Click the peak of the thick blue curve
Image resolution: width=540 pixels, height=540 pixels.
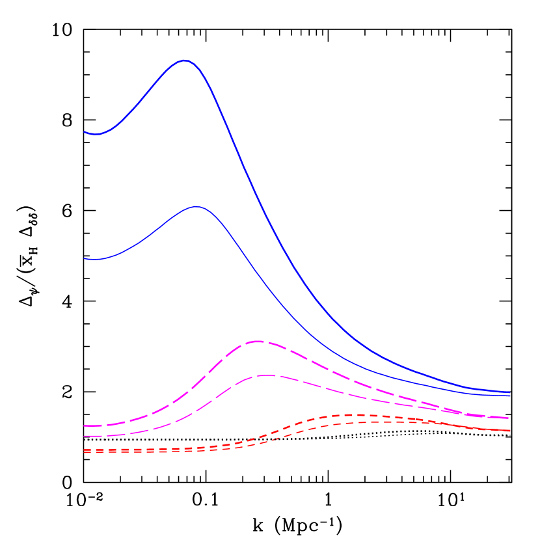point(185,60)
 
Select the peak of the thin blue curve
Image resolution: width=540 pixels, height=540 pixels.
point(196,207)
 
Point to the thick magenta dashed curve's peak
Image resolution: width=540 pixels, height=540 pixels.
point(258,341)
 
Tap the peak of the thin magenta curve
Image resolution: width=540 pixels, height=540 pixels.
point(266,375)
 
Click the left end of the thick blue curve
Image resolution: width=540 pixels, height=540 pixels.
point(84,132)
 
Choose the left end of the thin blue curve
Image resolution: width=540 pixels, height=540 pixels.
point(84,259)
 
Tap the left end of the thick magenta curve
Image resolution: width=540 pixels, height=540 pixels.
point(84,425)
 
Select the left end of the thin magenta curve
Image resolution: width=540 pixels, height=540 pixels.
point(84,436)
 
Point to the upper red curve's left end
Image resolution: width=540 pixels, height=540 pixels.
point(84,450)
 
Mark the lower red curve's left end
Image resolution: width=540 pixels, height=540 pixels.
point(84,452)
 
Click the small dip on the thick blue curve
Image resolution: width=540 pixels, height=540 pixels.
point(97,134)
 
